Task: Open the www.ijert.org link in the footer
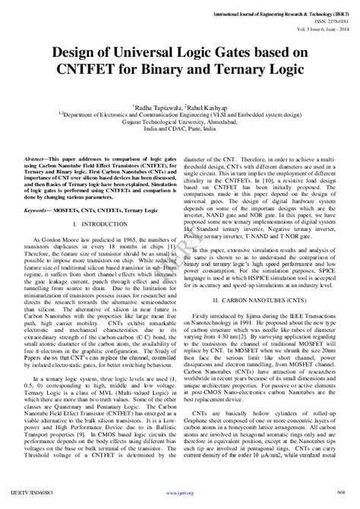(180, 501)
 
